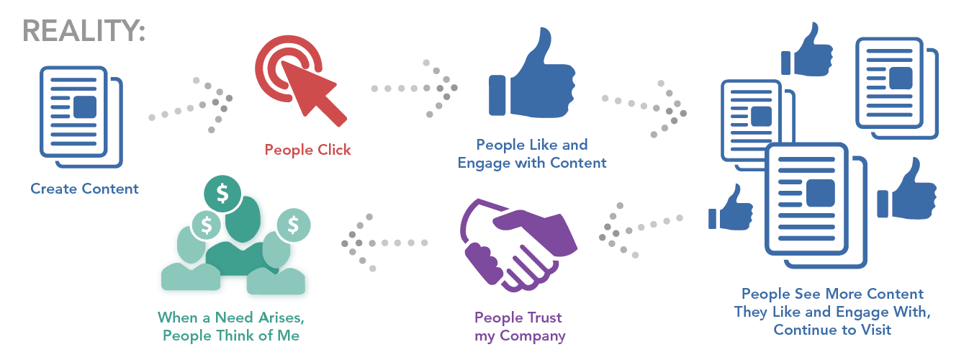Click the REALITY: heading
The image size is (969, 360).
[x=84, y=31]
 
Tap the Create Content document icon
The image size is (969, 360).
[x=81, y=117]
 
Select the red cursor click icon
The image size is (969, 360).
[x=300, y=81]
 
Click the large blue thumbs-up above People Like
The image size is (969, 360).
[x=532, y=73]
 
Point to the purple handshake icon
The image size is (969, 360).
[x=518, y=246]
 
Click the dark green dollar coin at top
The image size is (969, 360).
[x=222, y=194]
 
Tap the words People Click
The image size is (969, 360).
[x=307, y=150]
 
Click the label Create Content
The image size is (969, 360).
[x=84, y=189]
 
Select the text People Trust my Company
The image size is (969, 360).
[x=520, y=327]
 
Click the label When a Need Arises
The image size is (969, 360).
[x=231, y=318]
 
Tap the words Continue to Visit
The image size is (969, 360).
[x=832, y=330]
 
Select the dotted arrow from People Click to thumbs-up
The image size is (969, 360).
[x=414, y=89]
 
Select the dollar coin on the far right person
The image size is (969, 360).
[x=293, y=225]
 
